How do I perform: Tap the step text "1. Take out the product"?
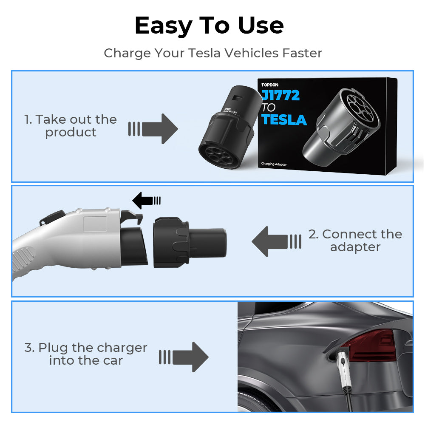coord(71,126)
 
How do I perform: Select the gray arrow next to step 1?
coord(153,128)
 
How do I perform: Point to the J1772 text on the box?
coord(281,96)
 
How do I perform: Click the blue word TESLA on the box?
coord(284,119)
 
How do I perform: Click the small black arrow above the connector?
coord(146,200)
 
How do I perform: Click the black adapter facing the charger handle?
coord(189,242)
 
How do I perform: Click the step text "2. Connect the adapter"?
coord(355,241)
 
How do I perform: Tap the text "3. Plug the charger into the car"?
coord(85,354)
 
